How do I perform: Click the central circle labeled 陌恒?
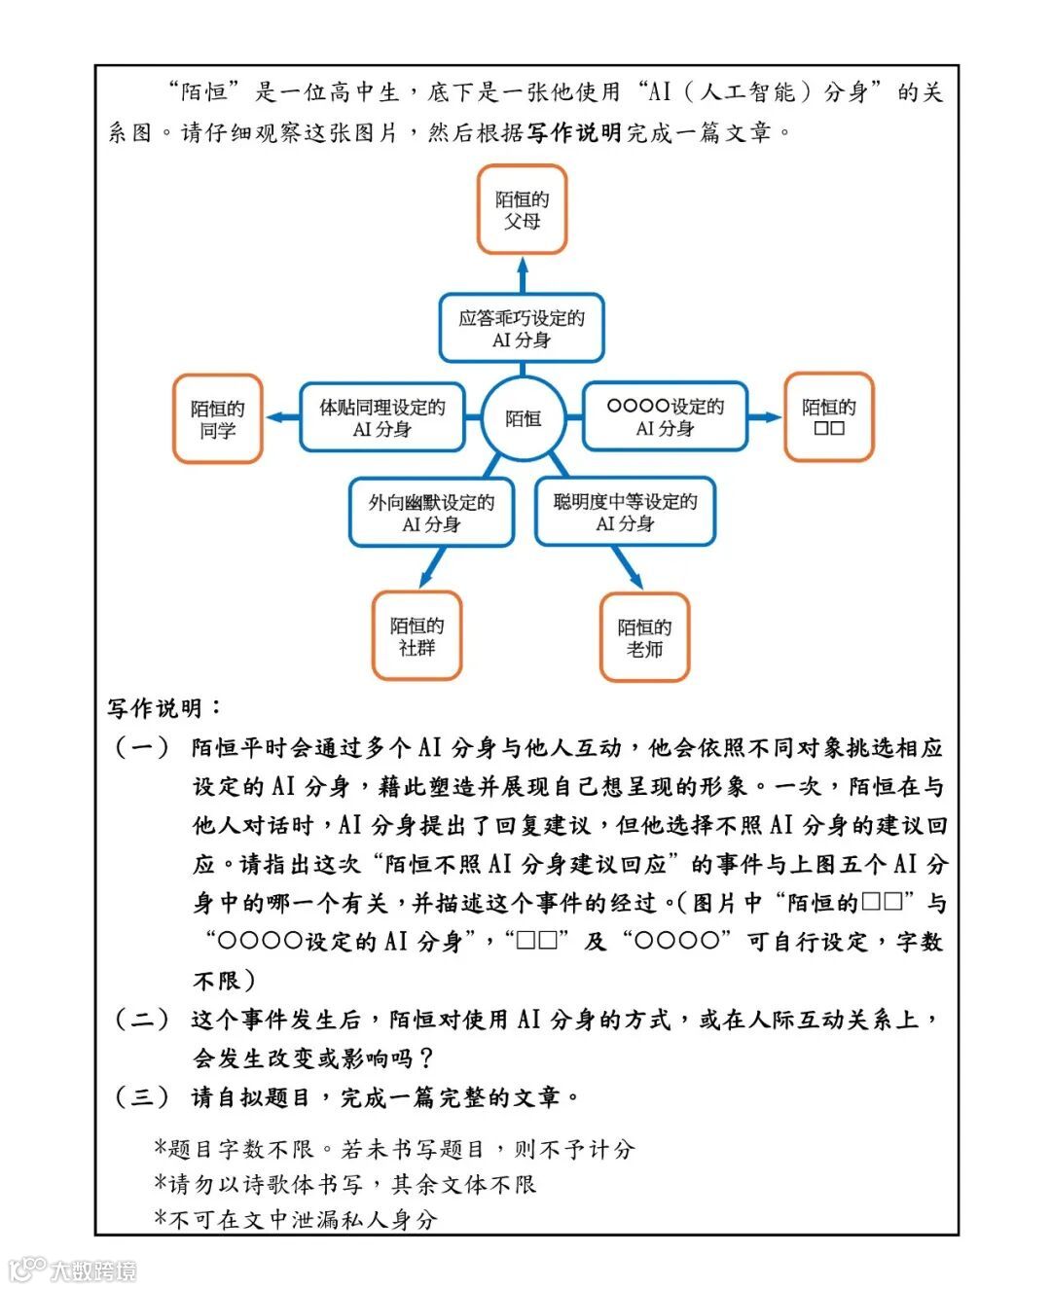523,418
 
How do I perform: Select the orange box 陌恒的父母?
522,209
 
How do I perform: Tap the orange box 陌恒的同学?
218,418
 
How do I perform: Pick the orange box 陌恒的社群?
417,635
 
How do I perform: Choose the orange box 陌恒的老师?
644,637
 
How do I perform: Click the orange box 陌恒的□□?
828,416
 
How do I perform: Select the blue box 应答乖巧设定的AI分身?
522,328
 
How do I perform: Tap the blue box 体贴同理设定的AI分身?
381,417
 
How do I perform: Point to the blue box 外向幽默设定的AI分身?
431,513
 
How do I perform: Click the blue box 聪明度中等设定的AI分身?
625,512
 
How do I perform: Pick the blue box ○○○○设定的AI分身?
665,416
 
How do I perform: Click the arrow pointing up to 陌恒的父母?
523,273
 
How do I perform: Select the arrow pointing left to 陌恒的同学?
283,417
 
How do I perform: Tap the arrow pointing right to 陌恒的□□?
765,416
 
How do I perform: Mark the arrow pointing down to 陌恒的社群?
431,568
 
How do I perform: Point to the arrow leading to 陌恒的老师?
628,568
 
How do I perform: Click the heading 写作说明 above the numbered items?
156,708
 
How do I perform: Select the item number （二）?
142,1020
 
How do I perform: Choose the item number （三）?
142,1097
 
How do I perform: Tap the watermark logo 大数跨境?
73,1270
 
